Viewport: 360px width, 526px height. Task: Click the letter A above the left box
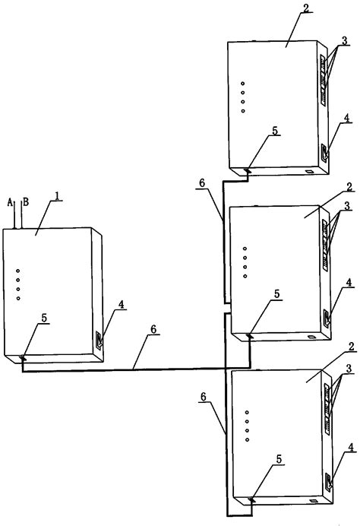(x=10, y=202)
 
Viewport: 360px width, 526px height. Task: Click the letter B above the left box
(x=26, y=202)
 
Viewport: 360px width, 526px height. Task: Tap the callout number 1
(x=58, y=196)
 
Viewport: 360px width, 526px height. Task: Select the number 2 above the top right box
(x=306, y=8)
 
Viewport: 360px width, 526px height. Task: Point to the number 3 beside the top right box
(x=344, y=41)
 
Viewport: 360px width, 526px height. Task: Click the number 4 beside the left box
(x=121, y=305)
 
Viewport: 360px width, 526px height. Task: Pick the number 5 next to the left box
(x=44, y=318)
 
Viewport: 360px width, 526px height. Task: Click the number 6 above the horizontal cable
(x=153, y=329)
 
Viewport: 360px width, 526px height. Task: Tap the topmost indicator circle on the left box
(x=18, y=271)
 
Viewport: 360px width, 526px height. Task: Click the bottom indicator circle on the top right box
(x=243, y=111)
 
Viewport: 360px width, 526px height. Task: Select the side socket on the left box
(x=99, y=340)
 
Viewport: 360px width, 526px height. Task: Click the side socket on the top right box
(x=324, y=152)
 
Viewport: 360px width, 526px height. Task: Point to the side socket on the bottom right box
(x=329, y=482)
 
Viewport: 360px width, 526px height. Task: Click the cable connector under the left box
(x=23, y=358)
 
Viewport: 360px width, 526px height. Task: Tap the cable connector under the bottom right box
(x=251, y=499)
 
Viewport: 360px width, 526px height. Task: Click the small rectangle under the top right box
(x=308, y=172)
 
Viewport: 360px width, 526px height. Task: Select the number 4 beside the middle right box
(x=349, y=283)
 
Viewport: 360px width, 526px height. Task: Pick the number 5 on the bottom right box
(x=279, y=460)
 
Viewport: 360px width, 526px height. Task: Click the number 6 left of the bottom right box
(x=203, y=398)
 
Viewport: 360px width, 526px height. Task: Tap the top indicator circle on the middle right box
(x=245, y=249)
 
